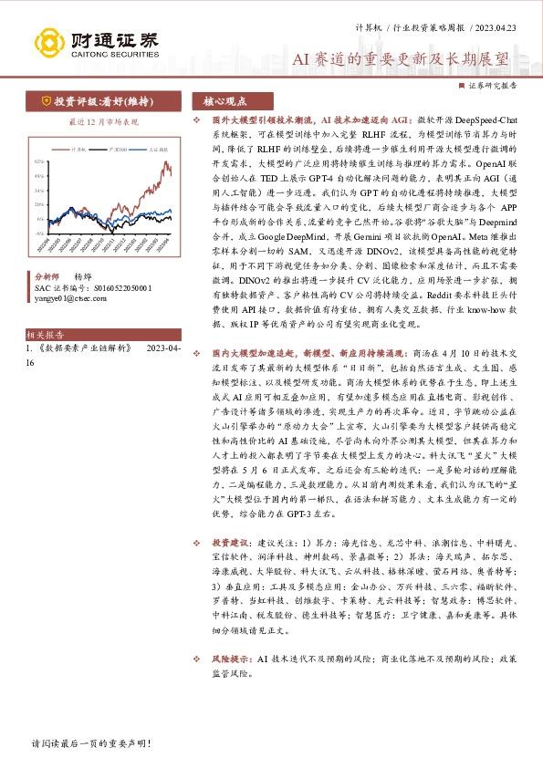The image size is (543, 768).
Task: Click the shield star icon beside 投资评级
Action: [x=45, y=100]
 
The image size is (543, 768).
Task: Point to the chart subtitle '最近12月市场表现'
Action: [x=104, y=120]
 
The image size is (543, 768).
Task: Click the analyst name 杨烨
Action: [x=83, y=275]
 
